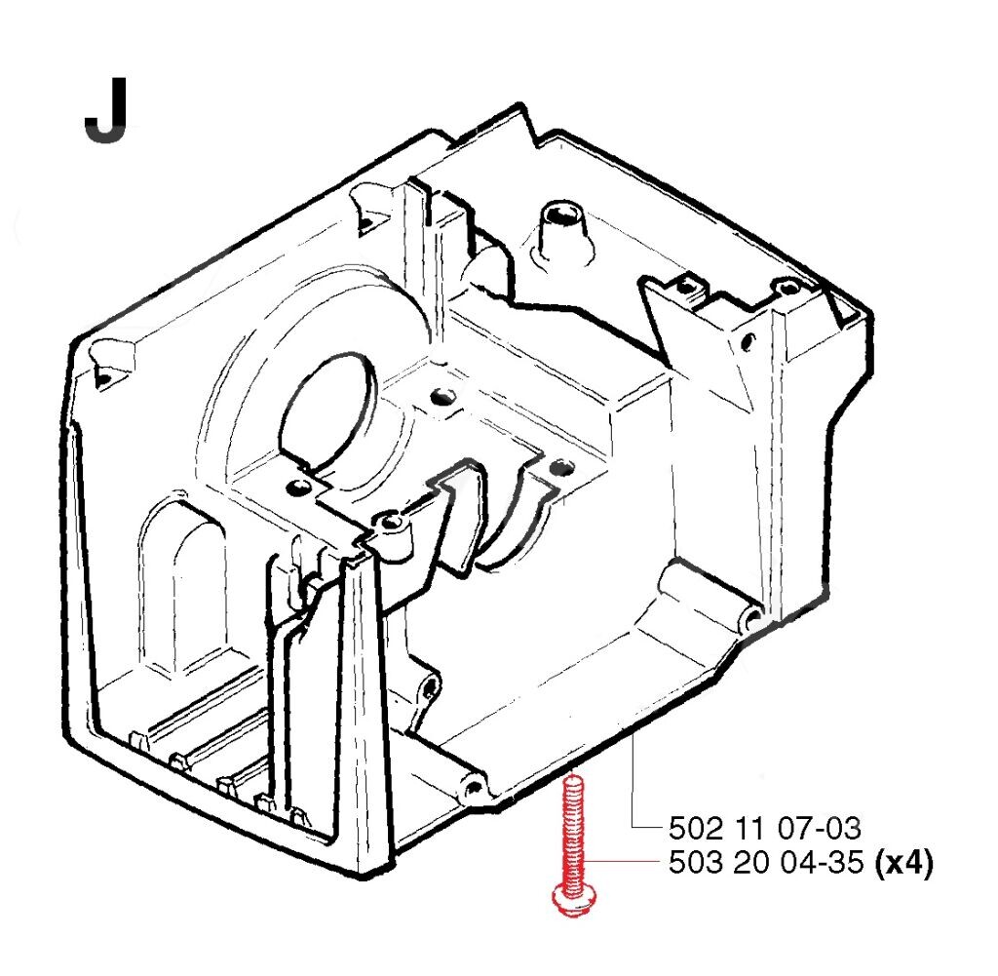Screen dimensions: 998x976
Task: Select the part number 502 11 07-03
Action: (764, 829)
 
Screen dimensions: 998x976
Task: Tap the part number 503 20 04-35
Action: (766, 863)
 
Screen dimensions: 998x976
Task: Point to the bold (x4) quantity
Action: (903, 863)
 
